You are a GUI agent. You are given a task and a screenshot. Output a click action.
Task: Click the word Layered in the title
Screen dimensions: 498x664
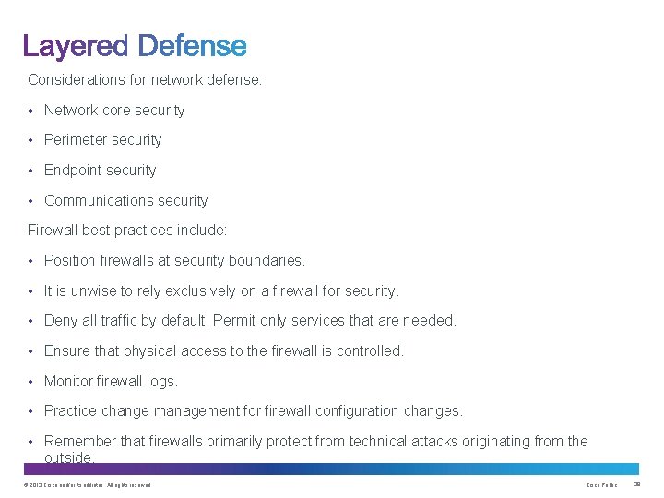[x=77, y=46]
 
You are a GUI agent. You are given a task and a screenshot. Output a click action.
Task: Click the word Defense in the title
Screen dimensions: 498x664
[x=192, y=46]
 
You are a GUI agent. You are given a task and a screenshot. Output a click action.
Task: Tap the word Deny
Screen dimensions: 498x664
[x=61, y=321]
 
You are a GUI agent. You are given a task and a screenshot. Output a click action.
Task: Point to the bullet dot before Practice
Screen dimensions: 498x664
[x=31, y=411]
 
